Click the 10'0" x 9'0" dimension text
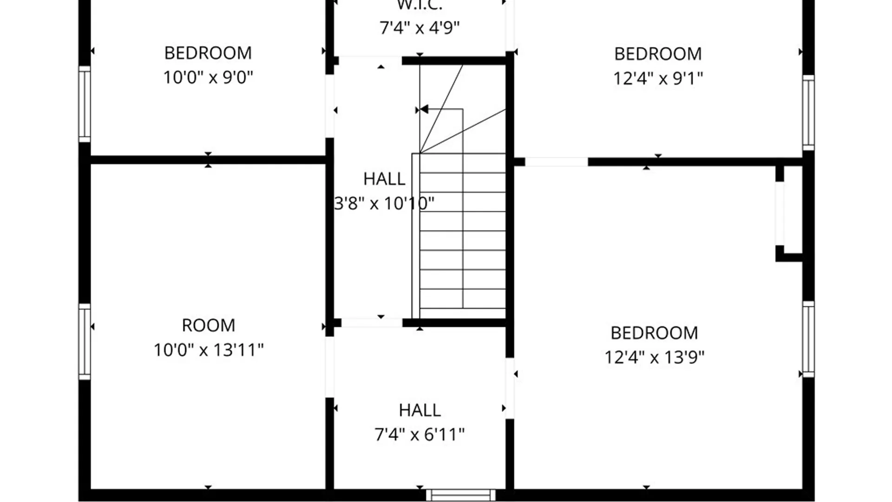pos(208,77)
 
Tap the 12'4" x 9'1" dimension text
pos(658,78)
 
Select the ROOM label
pos(208,325)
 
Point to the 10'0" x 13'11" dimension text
pos(209,350)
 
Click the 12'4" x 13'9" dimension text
pos(654,357)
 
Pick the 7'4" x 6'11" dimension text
pos(420,435)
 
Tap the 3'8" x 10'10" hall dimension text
pos(384,203)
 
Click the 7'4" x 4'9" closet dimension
pos(420,28)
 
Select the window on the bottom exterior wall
pos(461,495)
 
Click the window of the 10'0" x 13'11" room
pos(85,342)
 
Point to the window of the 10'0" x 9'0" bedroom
pos(85,104)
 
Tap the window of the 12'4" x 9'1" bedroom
pos(808,112)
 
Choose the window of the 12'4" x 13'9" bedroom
pos(808,339)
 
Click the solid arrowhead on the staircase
pos(424,110)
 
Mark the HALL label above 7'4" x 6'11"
pos(420,410)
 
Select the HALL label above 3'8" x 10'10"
pos(384,179)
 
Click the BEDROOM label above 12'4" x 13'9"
pos(654,333)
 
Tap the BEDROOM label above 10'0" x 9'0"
pos(208,53)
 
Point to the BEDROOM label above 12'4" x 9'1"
pos(658,54)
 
